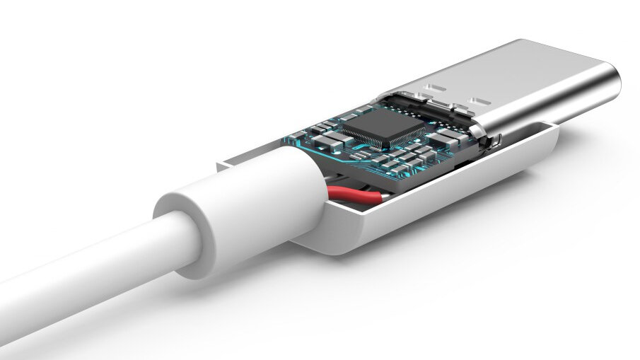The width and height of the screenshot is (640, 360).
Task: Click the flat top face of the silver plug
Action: [x=523, y=71]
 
